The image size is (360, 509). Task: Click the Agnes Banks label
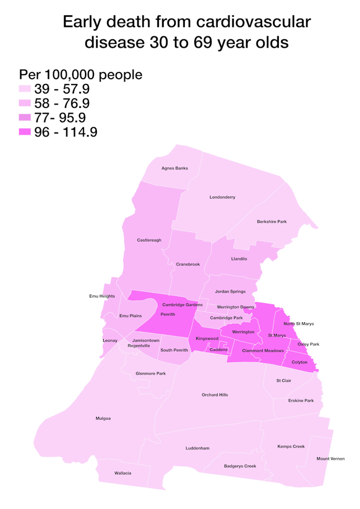175,168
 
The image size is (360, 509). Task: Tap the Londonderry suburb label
223,197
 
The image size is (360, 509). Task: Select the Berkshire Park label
272,221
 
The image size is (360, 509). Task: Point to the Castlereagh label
149,240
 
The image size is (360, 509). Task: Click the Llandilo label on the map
238,259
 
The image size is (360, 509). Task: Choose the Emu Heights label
102,296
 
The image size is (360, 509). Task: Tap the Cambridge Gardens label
182,305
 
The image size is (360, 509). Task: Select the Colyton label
300,362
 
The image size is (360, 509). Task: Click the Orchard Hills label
215,395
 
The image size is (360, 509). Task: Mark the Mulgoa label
103,419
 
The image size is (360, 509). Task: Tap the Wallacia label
123,473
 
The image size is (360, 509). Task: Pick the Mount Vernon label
330,459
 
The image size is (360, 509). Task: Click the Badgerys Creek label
240,466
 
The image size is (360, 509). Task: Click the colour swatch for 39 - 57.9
25,89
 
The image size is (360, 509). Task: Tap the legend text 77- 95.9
62,118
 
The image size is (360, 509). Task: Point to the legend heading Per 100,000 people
81,75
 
